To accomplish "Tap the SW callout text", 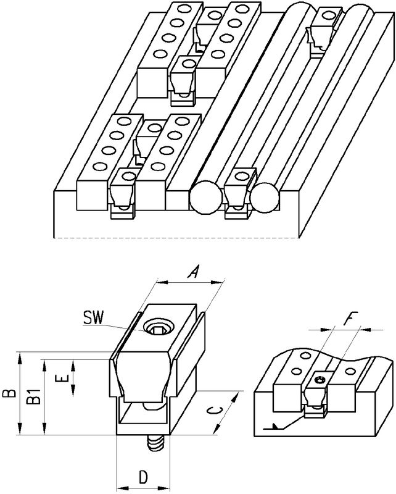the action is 93,318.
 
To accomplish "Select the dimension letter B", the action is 9,393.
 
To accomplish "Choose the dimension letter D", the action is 143,477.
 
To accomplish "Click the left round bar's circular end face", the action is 205,198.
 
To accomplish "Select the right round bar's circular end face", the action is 265,198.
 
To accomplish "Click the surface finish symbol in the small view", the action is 276,426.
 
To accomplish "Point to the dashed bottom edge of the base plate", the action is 176,237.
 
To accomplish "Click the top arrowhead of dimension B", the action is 20,357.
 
